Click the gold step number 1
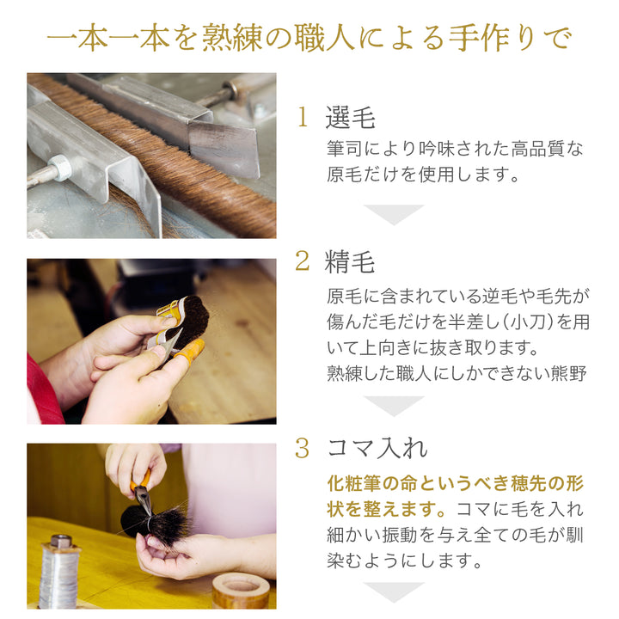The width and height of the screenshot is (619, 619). (303, 117)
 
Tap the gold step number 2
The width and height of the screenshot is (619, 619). (303, 261)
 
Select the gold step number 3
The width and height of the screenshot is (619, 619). (303, 449)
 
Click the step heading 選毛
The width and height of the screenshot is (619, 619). (350, 117)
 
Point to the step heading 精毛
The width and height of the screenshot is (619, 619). (350, 261)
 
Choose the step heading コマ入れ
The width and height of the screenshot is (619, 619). (377, 449)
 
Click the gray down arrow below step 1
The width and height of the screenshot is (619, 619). (394, 214)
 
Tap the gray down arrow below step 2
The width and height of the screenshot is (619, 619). (394, 406)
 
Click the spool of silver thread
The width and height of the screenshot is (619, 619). (59, 572)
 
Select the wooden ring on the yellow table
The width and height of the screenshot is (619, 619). (241, 591)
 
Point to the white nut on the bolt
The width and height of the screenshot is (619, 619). (59, 168)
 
